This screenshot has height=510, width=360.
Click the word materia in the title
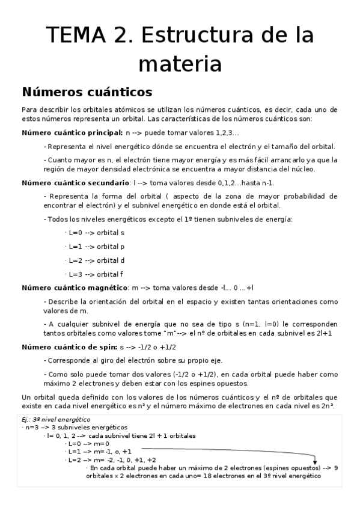[x=180, y=63]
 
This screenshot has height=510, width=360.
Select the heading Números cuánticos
[x=87, y=93]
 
